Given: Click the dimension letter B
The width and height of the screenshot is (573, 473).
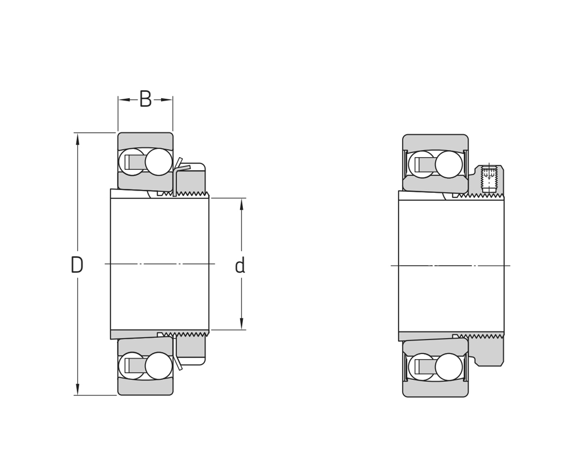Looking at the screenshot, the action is pos(145,99).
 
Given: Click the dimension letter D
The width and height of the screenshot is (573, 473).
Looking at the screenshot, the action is pos(77,265).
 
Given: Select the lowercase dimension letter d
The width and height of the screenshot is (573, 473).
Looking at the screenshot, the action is pos(239,266).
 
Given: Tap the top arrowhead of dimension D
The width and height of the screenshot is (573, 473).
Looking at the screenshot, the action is pos(77,137).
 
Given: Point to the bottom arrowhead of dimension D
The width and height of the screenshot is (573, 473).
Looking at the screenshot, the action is pos(77,390).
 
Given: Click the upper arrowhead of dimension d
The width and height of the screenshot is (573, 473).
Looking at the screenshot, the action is pos(241,203).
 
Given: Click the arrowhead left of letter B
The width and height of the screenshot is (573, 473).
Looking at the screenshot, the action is pos(123,99).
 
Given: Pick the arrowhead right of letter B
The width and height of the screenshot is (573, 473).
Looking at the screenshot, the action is pos(167,99).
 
